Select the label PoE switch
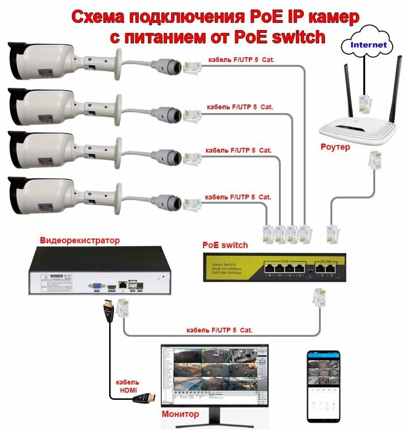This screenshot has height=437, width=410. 225,245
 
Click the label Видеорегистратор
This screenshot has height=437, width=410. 80,240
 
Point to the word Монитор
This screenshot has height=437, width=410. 180,414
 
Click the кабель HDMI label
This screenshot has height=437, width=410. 127,386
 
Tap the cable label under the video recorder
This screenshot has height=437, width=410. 219,330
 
